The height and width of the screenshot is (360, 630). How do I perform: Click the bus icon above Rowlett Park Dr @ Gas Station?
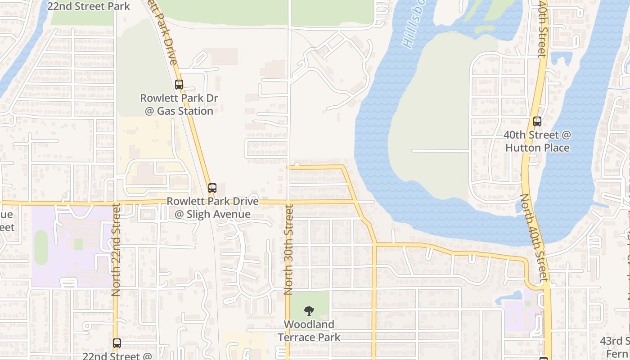pos(179,84)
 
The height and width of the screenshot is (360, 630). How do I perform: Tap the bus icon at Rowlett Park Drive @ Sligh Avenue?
pos(212,188)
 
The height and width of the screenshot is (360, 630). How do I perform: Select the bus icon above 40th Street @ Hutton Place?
pos(537,121)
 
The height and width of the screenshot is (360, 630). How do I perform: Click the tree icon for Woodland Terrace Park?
pos(309,310)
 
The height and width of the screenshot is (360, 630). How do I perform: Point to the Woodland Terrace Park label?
pos(309,330)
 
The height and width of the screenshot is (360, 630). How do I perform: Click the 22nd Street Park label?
pos(89,6)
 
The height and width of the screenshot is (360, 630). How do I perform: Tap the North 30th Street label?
pos(288,250)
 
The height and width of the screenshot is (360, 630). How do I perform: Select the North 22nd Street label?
pos(116,250)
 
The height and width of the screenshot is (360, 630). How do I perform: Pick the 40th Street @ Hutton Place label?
pos(537,141)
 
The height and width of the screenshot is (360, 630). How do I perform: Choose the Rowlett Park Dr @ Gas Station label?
pos(177,104)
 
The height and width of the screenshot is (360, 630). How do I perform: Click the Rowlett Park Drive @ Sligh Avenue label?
pos(213,207)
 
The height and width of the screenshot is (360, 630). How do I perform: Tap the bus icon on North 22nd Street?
pos(117,343)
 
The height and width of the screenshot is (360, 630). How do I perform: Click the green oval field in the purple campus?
pos(41,247)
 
